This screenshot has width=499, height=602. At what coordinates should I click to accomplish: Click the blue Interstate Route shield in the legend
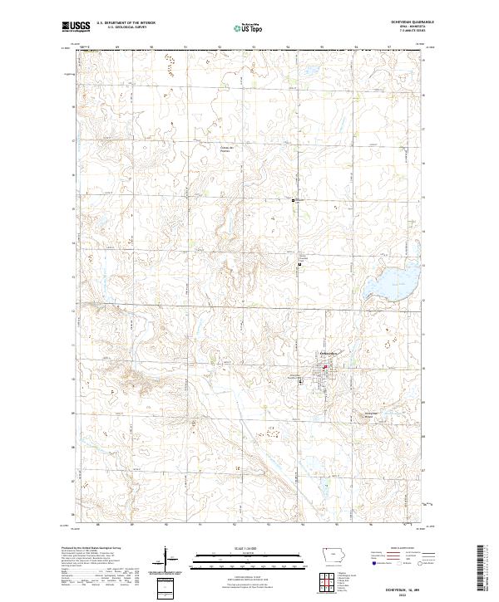point(369,565)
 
